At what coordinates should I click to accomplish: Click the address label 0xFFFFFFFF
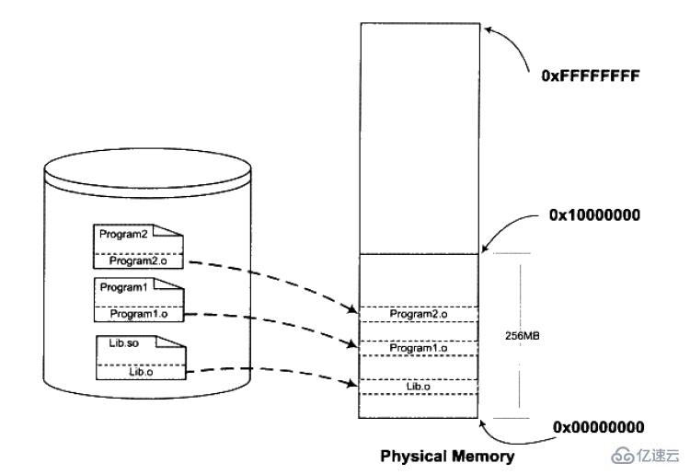point(591,75)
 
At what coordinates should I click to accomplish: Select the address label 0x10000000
point(594,214)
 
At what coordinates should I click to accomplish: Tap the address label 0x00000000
point(599,427)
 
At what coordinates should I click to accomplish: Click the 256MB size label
point(523,336)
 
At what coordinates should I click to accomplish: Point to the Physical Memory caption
point(447,457)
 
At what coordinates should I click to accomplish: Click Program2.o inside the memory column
point(419,314)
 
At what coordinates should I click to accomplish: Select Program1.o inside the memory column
point(419,348)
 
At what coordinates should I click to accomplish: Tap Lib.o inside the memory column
point(419,387)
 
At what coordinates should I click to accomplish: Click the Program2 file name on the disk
point(123,234)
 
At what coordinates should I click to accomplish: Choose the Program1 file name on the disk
point(123,287)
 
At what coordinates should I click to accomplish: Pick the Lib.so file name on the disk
point(123,343)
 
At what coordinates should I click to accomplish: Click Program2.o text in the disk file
point(138,261)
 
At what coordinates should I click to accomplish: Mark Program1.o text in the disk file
point(139,314)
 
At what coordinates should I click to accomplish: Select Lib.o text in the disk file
point(141,372)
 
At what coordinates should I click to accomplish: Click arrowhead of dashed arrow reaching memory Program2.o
point(352,309)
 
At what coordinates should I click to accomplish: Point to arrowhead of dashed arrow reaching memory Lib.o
point(353,384)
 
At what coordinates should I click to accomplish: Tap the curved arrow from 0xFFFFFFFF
point(512,41)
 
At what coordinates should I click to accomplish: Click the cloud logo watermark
point(622,456)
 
